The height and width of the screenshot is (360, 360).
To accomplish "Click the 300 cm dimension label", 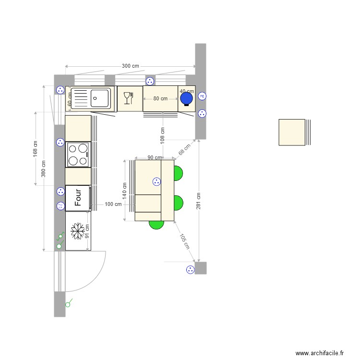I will [130, 66].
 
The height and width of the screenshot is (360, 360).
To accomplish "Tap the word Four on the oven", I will [78, 197].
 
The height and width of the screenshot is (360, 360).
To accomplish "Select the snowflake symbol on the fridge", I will [77, 231].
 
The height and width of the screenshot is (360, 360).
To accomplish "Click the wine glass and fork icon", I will [128, 98].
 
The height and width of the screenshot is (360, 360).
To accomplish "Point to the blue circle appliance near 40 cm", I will [186, 98].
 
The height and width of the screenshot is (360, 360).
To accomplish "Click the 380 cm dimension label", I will [44, 168].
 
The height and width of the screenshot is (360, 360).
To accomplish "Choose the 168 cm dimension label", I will [35, 149].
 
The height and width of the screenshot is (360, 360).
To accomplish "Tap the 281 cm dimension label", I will [198, 201].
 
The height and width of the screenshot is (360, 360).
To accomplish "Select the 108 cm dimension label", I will [163, 136].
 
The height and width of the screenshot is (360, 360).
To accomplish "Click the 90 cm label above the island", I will [154, 157].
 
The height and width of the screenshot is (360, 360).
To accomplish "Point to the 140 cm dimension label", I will [124, 191].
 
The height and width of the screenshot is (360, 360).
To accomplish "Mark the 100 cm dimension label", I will [113, 204].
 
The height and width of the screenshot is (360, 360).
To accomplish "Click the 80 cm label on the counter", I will [160, 99].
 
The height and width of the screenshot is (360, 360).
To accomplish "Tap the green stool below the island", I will [156, 224].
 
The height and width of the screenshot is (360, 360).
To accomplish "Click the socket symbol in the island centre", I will [156, 181].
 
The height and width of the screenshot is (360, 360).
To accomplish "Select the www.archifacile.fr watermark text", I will [320, 353].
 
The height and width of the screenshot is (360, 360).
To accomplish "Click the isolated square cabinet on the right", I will [292, 132].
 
